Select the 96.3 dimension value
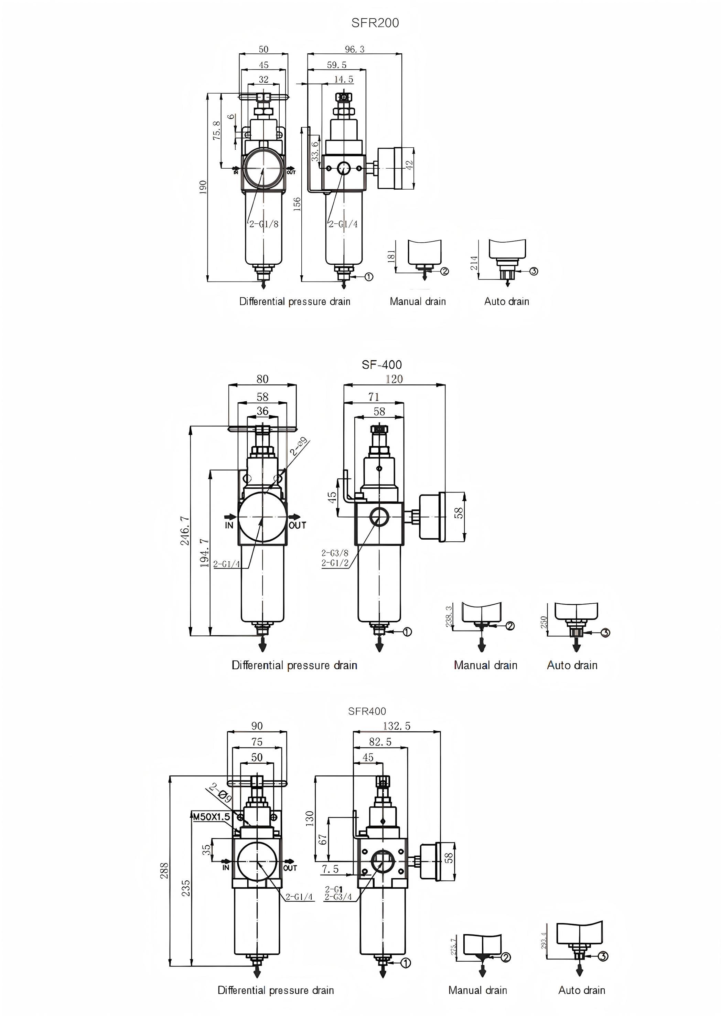coord(354,49)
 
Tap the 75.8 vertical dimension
coord(216,130)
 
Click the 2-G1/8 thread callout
coord(264,224)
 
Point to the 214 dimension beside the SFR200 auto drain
coord(474,263)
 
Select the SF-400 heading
coord(381,365)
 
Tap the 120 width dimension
coord(394,379)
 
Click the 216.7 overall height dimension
coord(185,530)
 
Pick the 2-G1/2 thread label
coord(335,563)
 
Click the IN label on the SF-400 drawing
coord(229,526)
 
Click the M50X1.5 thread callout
coord(211,816)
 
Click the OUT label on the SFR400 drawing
coord(290,868)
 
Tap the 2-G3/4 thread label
coord(338,897)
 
